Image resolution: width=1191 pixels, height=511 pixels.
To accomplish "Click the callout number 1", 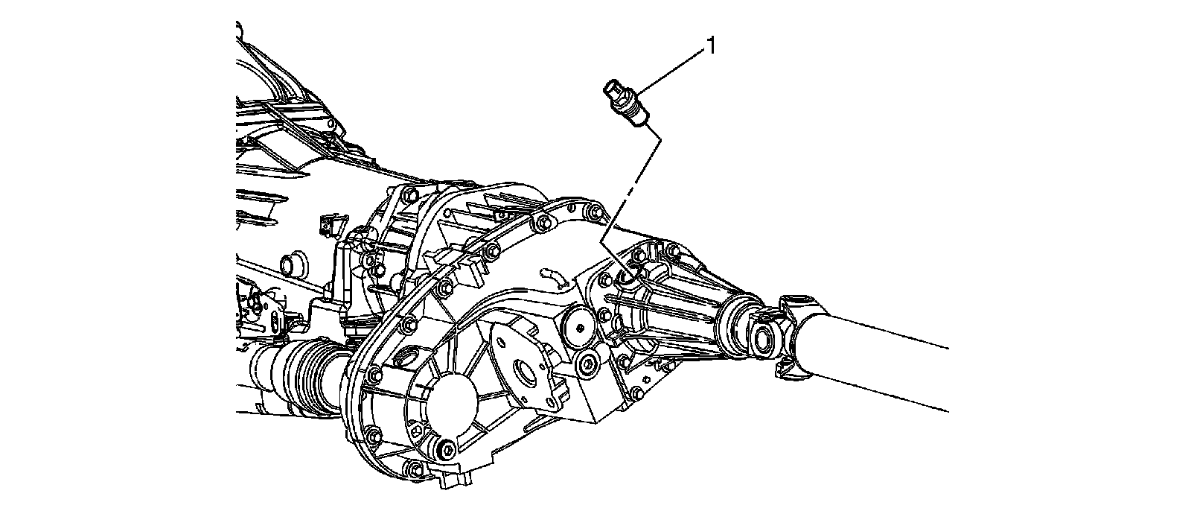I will pos(711,47).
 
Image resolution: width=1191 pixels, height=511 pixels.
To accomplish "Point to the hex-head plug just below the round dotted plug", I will pos(588,365).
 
